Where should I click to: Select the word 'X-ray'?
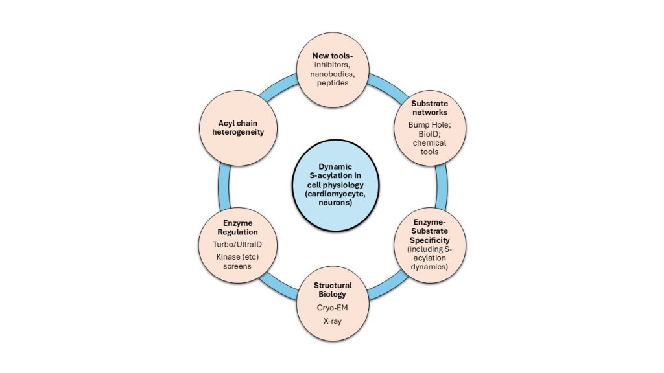331,339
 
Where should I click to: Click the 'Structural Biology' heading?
331,289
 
